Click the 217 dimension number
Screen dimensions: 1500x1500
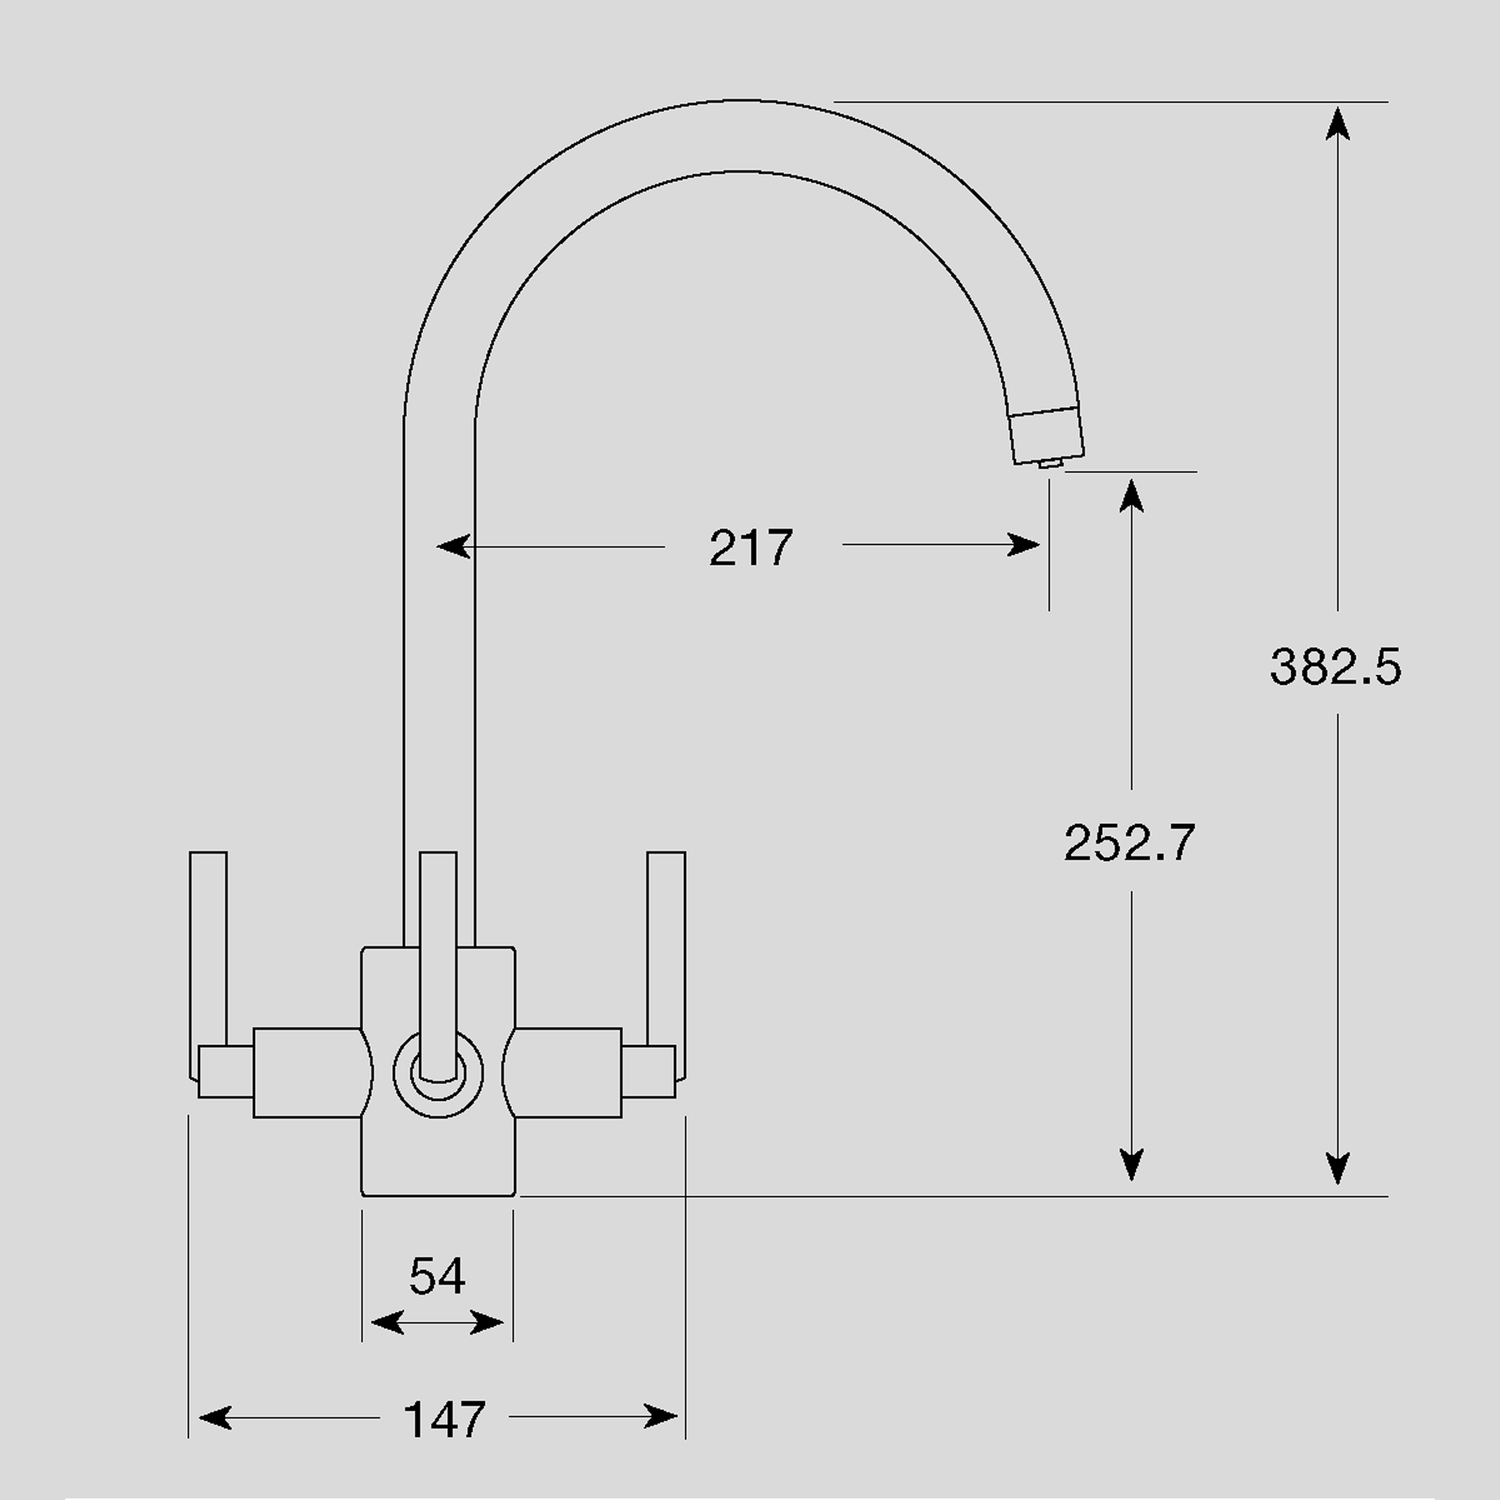(x=751, y=547)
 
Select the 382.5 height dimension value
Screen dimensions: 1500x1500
(x=1335, y=667)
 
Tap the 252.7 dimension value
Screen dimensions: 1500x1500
(x=1129, y=842)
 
